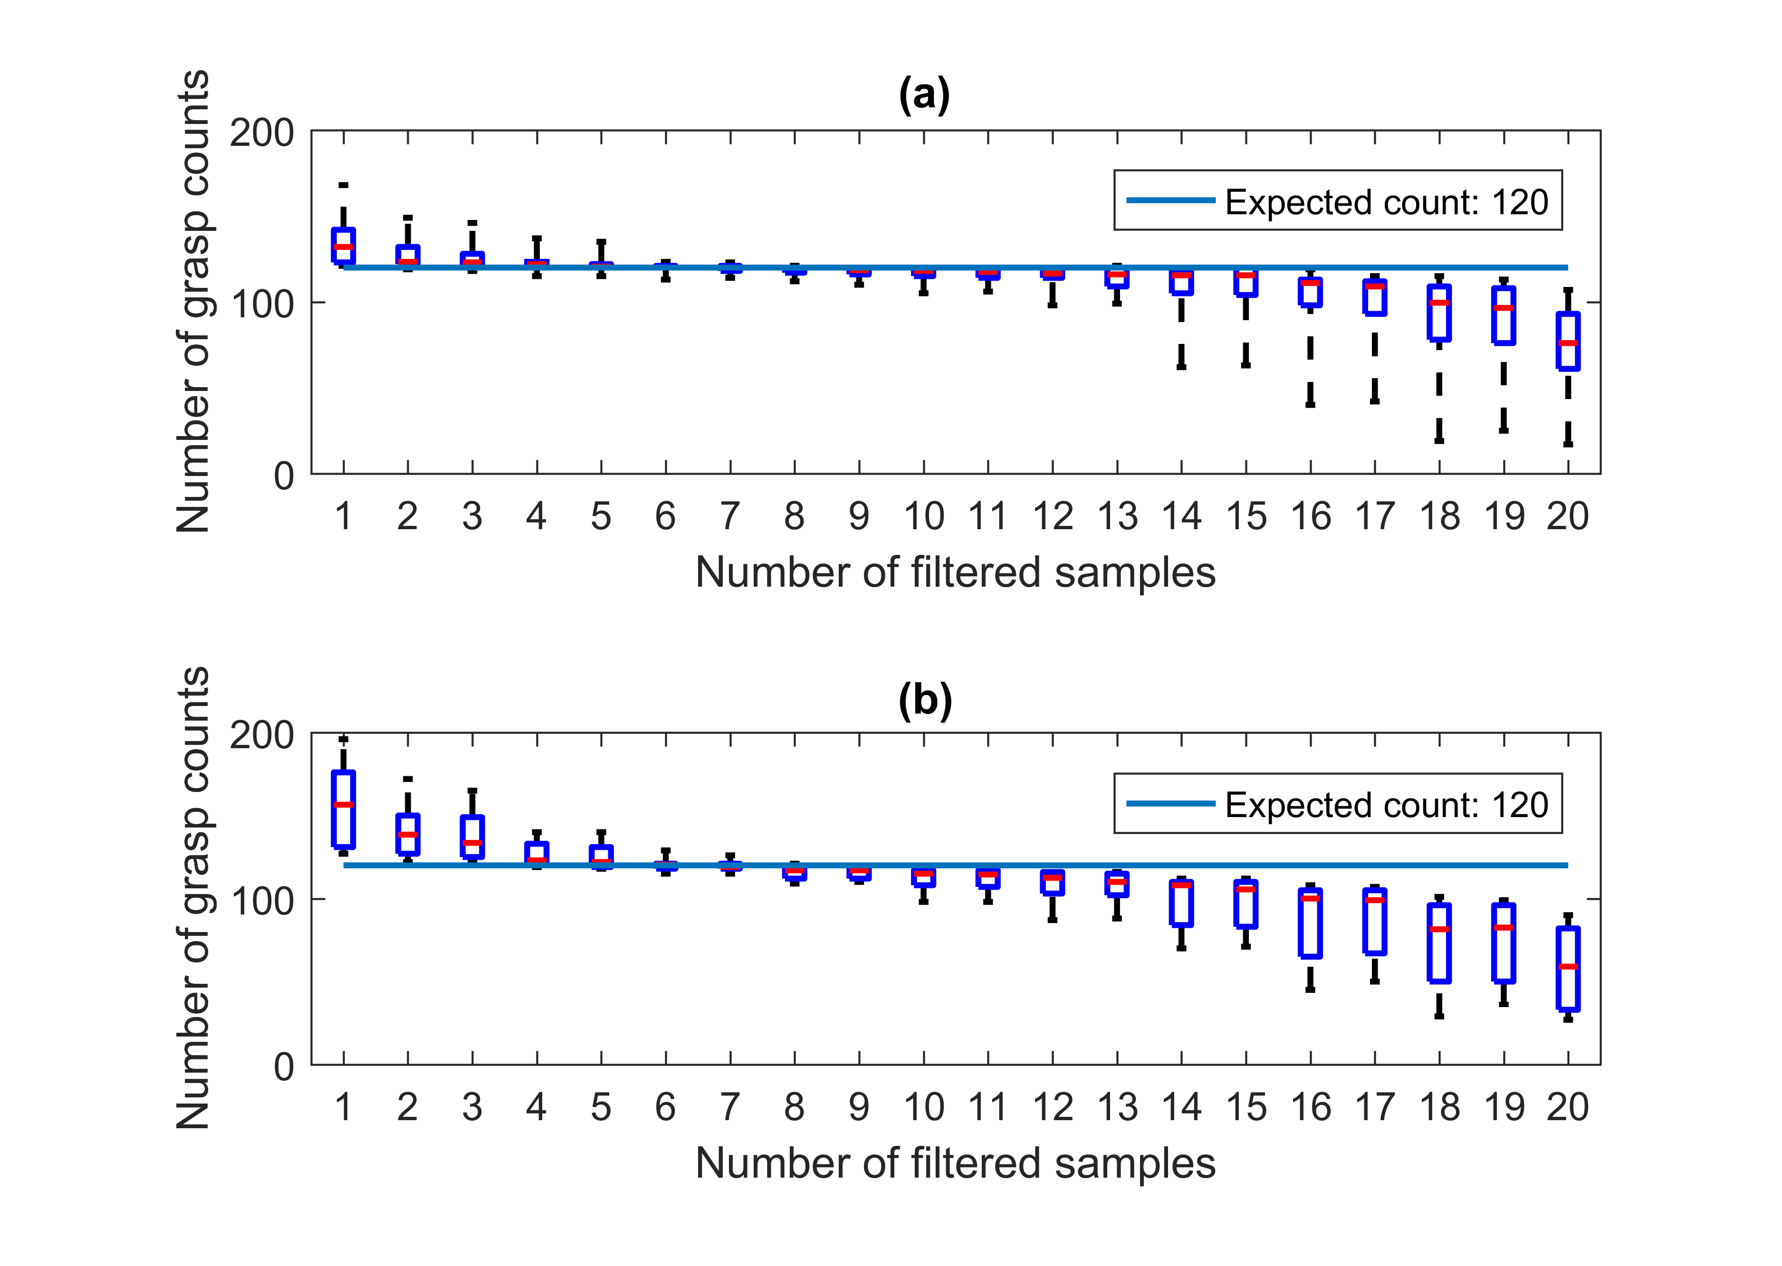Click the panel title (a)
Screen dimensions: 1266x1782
924,95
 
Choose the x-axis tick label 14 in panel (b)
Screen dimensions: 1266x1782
1181,1107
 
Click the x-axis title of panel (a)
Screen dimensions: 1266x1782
955,573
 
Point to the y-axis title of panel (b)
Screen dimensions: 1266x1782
193,898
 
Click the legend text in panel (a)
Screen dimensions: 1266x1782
1386,203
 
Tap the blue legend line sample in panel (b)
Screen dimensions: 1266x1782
1170,804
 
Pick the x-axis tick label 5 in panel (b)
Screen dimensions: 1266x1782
601,1107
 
